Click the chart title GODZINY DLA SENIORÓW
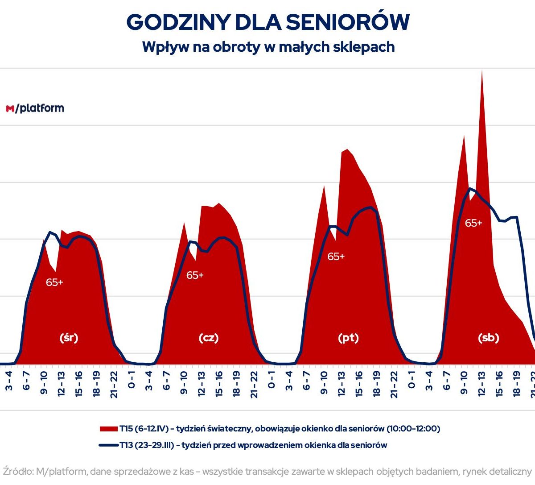coord(267,22)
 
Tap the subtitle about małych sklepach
coord(268,47)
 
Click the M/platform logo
coord(35,108)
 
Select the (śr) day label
coord(69,338)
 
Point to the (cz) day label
coord(209,338)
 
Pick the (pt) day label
coord(348,338)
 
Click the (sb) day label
coord(488,338)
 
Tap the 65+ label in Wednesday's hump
coord(54,282)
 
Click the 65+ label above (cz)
coord(195,275)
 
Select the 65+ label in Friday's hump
coord(336,257)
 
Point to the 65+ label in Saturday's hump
coord(473,223)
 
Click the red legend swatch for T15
coord(109,429)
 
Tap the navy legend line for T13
coord(109,445)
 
